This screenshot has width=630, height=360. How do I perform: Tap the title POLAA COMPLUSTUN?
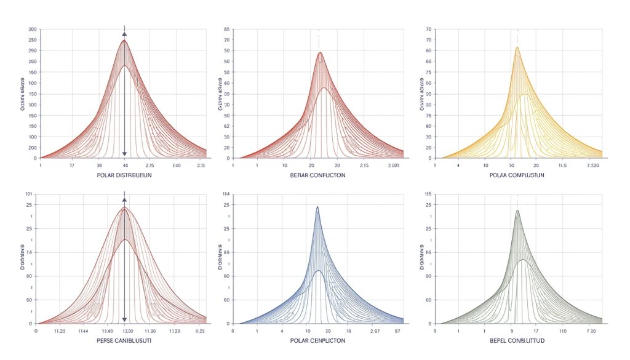517,175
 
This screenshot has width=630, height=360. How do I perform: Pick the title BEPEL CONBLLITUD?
517,340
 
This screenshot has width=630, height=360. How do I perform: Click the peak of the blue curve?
317,207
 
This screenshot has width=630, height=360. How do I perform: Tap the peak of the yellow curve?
517,47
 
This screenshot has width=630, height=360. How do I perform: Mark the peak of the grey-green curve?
517,210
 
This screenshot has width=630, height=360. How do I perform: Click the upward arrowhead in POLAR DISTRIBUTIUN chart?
125,34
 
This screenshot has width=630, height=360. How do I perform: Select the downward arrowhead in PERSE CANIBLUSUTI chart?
125,319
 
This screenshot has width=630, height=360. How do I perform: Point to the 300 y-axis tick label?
32,30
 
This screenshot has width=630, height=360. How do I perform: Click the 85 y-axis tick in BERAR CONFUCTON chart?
227,30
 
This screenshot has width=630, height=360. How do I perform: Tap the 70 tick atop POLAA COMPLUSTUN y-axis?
428,30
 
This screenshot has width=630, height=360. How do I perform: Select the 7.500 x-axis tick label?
596,166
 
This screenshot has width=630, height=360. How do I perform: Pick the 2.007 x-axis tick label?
393,166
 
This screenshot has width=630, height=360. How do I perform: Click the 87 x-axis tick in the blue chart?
396,330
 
